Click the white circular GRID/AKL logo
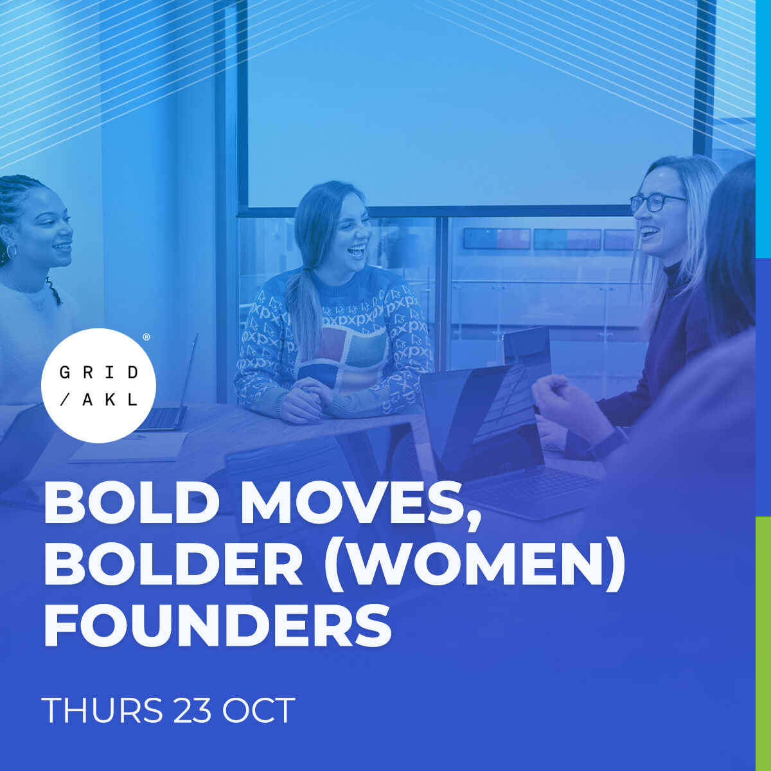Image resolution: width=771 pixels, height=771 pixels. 98,385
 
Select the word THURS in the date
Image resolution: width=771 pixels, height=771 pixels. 102,711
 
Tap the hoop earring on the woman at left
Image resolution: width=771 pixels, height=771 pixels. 11,251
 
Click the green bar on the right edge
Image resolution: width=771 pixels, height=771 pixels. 763,642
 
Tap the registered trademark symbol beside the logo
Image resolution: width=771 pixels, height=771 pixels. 146,337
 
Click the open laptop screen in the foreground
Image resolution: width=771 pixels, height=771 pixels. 482,418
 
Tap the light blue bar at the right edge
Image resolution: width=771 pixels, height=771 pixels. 763,128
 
